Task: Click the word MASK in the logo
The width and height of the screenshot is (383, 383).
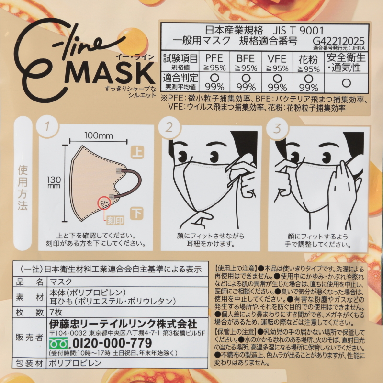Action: pyautogui.click(x=111, y=73)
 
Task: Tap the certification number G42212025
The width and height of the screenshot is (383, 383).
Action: pyautogui.click(x=338, y=41)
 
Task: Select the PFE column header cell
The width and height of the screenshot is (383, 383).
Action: pyautogui.click(x=214, y=62)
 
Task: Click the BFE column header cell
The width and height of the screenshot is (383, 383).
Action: pyautogui.click(x=246, y=62)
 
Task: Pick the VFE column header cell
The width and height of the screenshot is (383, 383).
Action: pyautogui.click(x=277, y=62)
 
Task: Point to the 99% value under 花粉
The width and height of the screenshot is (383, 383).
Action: pyautogui.click(x=308, y=87)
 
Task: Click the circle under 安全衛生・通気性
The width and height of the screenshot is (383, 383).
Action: pyautogui.click(x=346, y=83)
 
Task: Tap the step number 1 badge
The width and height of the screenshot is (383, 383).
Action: pyautogui.click(x=47, y=126)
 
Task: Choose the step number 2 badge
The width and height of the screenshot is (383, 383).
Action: pyautogui.click(x=169, y=127)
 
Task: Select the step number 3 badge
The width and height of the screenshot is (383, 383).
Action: pyautogui.click(x=277, y=128)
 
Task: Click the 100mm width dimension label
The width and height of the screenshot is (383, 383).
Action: pyautogui.click(x=99, y=135)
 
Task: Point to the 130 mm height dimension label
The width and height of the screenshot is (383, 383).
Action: pyautogui.click(x=54, y=182)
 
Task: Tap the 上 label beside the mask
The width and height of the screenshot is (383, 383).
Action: pyautogui.click(x=137, y=152)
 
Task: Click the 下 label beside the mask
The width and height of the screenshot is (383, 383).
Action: pyautogui.click(x=137, y=213)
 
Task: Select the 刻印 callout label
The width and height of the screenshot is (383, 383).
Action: pyautogui.click(x=115, y=221)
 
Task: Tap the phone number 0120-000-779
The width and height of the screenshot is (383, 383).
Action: pyautogui.click(x=113, y=343)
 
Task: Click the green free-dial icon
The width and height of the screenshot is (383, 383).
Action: pyautogui.click(x=58, y=343)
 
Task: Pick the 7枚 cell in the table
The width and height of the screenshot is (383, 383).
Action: pyautogui.click(x=56, y=312)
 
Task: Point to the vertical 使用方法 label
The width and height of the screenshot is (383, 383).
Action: pyautogui.click(x=23, y=188)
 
